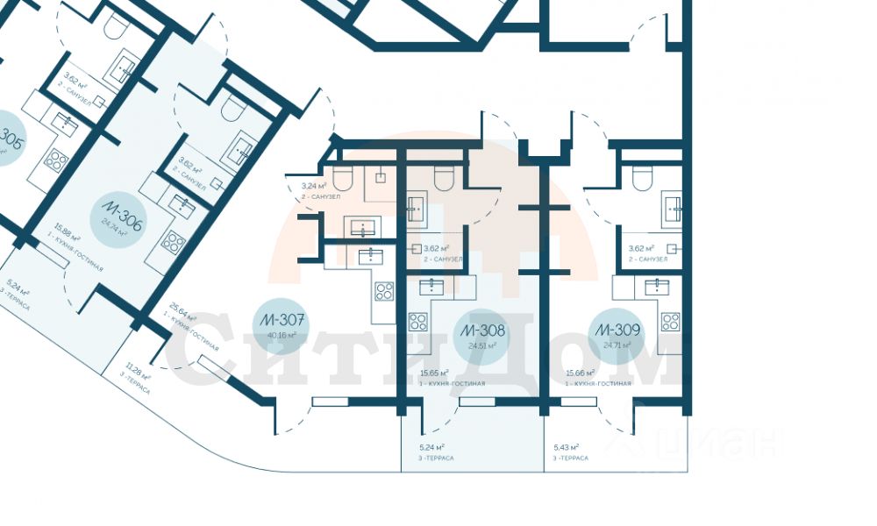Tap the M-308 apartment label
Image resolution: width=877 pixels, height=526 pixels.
[x=481, y=331]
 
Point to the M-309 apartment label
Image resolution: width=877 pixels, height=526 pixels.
[x=617, y=331]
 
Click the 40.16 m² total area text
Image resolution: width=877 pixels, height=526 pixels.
[x=282, y=334]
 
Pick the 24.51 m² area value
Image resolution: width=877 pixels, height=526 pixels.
[x=481, y=345]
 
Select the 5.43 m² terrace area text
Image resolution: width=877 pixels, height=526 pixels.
[x=566, y=447]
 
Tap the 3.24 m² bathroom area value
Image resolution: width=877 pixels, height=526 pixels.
[x=314, y=186]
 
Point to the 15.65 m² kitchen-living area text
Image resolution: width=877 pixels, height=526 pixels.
[x=434, y=373]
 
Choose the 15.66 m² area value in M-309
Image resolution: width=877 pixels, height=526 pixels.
[x=581, y=373]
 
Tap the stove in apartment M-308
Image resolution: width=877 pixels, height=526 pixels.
[x=418, y=322]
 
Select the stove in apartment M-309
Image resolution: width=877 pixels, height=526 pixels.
[x=670, y=322]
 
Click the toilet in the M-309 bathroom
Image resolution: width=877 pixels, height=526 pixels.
[x=644, y=179]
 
